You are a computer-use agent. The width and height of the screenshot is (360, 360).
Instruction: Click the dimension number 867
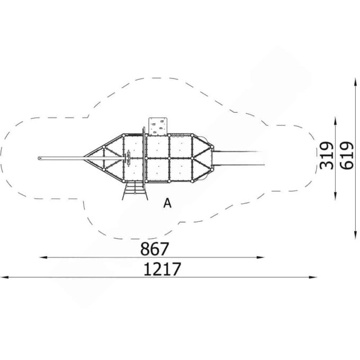click(155, 249)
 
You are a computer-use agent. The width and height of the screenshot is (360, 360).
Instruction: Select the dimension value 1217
click(162, 269)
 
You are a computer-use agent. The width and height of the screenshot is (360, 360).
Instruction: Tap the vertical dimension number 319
click(327, 156)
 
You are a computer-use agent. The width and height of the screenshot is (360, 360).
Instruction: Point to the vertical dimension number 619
click(347, 156)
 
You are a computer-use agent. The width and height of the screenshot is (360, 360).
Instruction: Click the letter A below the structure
click(167, 203)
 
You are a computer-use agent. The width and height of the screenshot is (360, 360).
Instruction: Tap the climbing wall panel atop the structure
click(158, 126)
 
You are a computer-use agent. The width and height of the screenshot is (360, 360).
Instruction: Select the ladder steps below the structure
click(135, 191)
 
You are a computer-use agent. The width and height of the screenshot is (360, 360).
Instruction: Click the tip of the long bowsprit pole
click(39, 158)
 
